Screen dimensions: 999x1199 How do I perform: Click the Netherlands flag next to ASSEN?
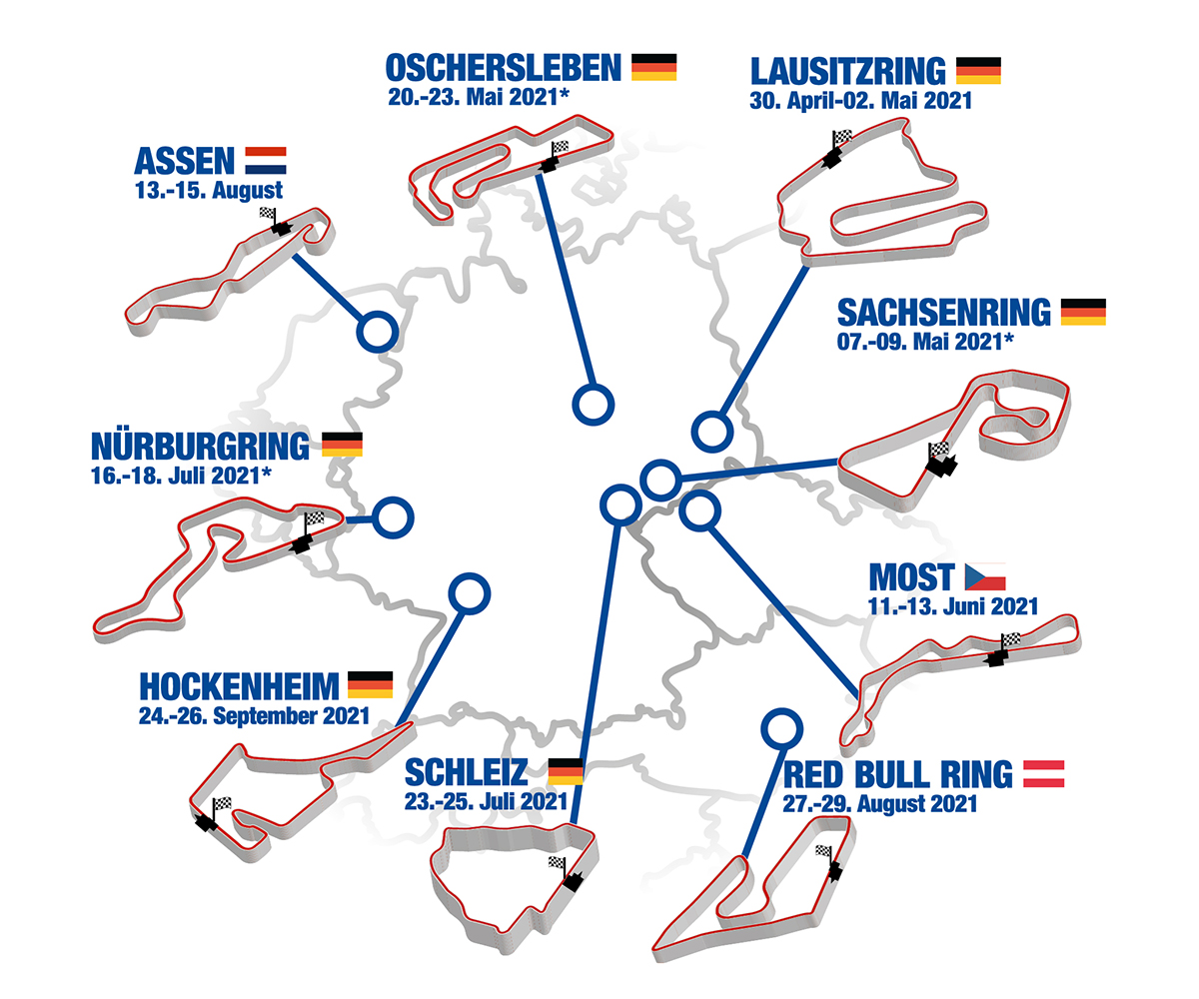pyautogui.click(x=265, y=160)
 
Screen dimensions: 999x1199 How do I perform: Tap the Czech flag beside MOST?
pyautogui.click(x=984, y=576)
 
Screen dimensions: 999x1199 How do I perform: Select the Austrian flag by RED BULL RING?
pyautogui.click(x=1043, y=773)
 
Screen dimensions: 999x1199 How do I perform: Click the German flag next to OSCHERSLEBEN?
pyautogui.click(x=653, y=68)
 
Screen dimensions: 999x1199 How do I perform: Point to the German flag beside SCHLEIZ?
pyautogui.click(x=566, y=770)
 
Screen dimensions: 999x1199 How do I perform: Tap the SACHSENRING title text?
pyautogui.click(x=944, y=313)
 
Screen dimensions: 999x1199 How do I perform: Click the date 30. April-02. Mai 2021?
pyautogui.click(x=860, y=101)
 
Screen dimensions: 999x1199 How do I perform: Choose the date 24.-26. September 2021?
pyautogui.click(x=254, y=715)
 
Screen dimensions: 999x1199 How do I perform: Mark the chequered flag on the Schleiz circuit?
pyautogui.click(x=557, y=862)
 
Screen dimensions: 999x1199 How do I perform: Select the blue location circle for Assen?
pyautogui.click(x=377, y=331)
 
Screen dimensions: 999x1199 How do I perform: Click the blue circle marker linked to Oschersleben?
pyautogui.click(x=593, y=405)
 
